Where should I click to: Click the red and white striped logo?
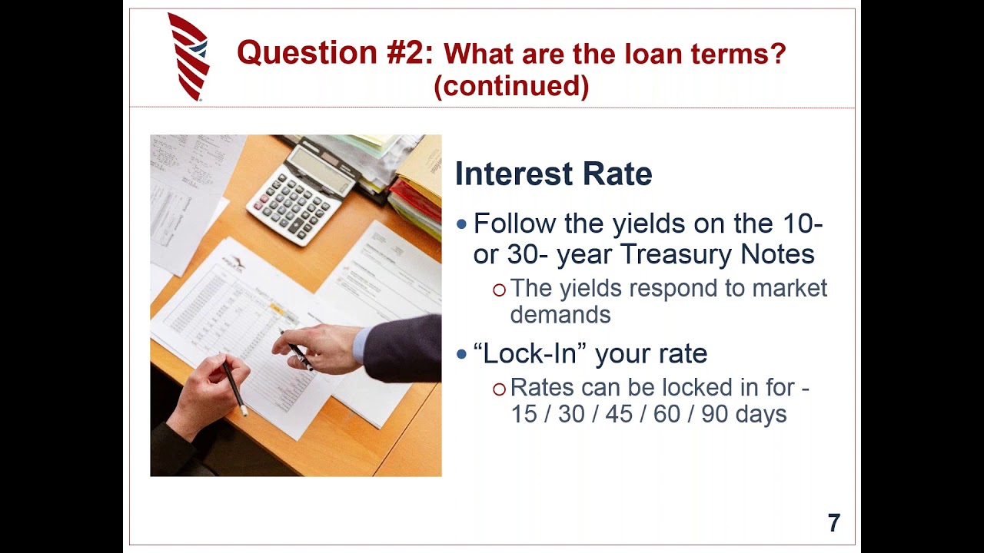click(188, 57)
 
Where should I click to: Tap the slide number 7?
click(834, 523)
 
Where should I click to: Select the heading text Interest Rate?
click(553, 174)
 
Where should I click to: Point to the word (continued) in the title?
click(511, 86)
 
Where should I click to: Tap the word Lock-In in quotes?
click(530, 353)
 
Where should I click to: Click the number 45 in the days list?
click(620, 414)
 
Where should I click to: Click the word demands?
click(560, 314)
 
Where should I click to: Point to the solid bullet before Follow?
click(461, 224)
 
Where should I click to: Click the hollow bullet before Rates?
click(500, 389)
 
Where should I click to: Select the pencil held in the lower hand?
click(234, 389)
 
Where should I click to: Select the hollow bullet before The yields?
click(500, 290)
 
